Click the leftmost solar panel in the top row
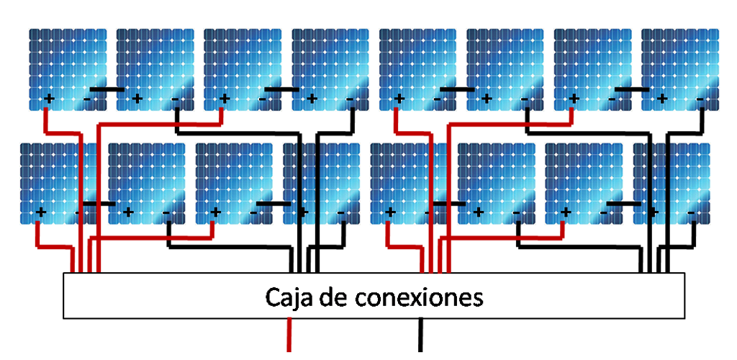68,65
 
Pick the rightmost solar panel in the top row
680,65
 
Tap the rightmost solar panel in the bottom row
672,180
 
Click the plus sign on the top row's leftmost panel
50,98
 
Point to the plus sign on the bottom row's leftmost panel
41,212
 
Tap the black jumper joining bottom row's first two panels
97,204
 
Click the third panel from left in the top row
243,65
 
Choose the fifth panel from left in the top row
417,65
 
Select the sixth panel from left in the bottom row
497,180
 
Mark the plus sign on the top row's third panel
225,98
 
